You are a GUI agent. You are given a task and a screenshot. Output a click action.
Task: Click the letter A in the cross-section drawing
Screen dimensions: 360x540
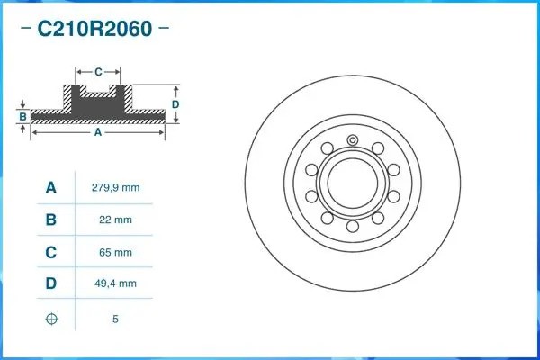pos(97,132)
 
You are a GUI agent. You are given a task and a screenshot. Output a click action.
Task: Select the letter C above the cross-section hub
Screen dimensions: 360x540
pos(97,70)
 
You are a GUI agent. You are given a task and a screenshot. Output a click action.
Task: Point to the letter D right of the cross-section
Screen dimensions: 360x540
pos(176,103)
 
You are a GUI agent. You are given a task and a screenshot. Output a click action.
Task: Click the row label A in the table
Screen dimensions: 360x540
pos(51,187)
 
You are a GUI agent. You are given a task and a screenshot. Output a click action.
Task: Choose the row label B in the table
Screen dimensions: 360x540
pos(51,220)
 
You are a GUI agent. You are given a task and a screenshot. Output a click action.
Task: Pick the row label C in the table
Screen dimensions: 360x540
pos(51,252)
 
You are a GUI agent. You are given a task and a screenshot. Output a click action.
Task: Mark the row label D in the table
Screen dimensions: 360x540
pos(51,284)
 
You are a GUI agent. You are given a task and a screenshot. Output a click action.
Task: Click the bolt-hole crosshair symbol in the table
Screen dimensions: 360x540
pos(51,318)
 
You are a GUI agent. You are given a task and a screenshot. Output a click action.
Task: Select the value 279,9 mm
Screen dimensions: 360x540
pos(115,187)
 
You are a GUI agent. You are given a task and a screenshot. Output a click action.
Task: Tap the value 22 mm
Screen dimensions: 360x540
pos(115,220)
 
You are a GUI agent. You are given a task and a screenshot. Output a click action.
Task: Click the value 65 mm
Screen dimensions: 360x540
pos(115,252)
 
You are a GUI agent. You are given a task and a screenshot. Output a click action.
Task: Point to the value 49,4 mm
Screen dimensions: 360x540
pos(115,284)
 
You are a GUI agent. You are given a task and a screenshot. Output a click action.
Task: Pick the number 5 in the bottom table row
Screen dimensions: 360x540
pos(115,319)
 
